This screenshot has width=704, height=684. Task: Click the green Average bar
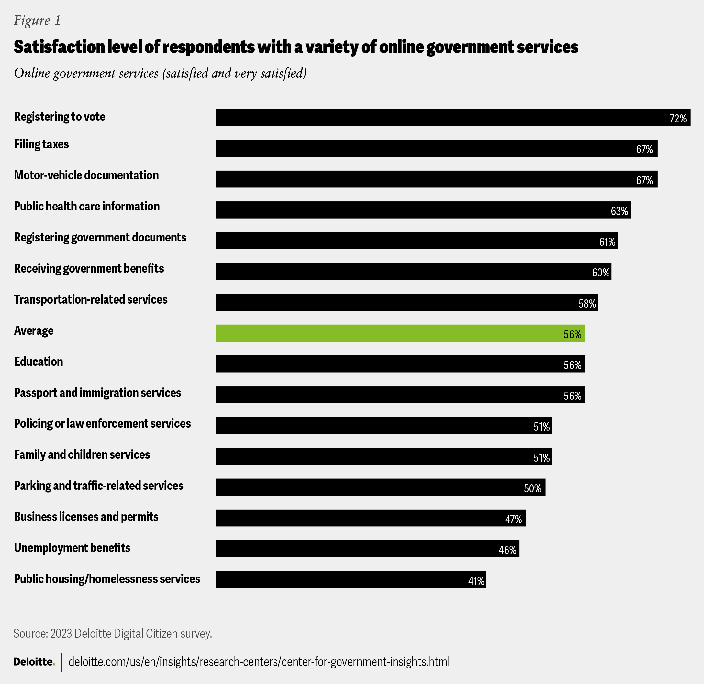(x=400, y=333)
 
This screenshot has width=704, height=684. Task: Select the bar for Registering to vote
(x=453, y=118)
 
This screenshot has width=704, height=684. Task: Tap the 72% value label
(x=678, y=118)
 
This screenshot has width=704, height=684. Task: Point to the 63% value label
(x=619, y=211)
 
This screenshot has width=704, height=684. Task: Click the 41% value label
(x=476, y=581)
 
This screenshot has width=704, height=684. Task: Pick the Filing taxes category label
(x=41, y=144)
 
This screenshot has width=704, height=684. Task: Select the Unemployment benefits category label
(x=72, y=548)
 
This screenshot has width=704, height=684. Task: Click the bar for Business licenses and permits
(x=370, y=518)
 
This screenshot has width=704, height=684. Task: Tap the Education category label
(x=39, y=361)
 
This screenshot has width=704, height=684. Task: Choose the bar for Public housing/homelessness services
(x=351, y=579)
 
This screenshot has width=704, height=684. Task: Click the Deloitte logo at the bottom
(x=34, y=662)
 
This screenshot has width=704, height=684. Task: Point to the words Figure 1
(x=37, y=20)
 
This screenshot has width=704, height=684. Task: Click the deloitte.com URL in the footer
(x=259, y=662)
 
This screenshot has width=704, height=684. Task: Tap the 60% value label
(x=600, y=273)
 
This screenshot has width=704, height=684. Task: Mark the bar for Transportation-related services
(x=407, y=302)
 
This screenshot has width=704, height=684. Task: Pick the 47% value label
(x=513, y=519)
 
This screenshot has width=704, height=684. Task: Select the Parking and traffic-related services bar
(x=380, y=487)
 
